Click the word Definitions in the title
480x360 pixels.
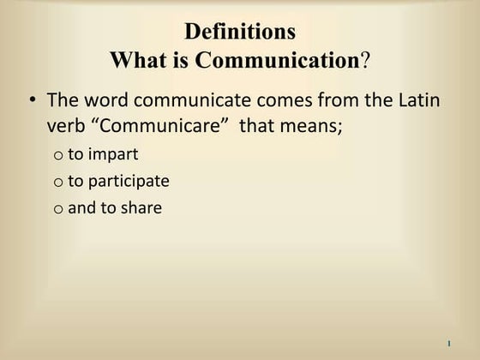click(x=240, y=33)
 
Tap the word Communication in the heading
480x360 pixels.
click(x=276, y=61)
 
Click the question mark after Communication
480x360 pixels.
click(x=364, y=61)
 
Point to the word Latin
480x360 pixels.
click(x=417, y=100)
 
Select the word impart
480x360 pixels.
click(x=112, y=155)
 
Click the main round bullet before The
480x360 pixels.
click(x=32, y=100)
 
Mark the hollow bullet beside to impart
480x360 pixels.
click(x=57, y=156)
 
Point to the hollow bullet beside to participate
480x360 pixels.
click(x=57, y=183)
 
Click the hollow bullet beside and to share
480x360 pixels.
click(x=57, y=208)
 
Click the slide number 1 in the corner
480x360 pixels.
click(x=449, y=344)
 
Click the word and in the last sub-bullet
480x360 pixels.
click(x=81, y=207)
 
